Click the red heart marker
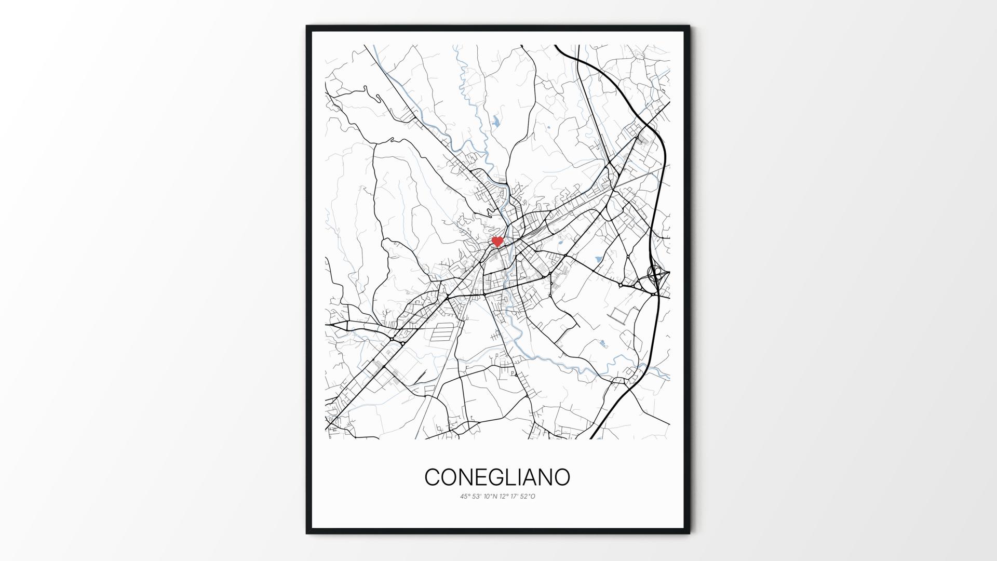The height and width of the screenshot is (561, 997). click(x=497, y=242)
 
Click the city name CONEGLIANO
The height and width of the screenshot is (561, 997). click(x=497, y=477)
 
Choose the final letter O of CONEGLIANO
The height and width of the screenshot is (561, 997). click(x=562, y=477)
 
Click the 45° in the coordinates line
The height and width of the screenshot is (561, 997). click(x=465, y=497)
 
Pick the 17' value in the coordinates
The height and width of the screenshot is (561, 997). click(x=515, y=497)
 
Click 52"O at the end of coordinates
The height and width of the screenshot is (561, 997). click(x=528, y=497)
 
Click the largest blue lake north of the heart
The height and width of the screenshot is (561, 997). click(x=496, y=123)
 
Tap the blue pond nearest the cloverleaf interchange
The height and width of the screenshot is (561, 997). click(x=598, y=259)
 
